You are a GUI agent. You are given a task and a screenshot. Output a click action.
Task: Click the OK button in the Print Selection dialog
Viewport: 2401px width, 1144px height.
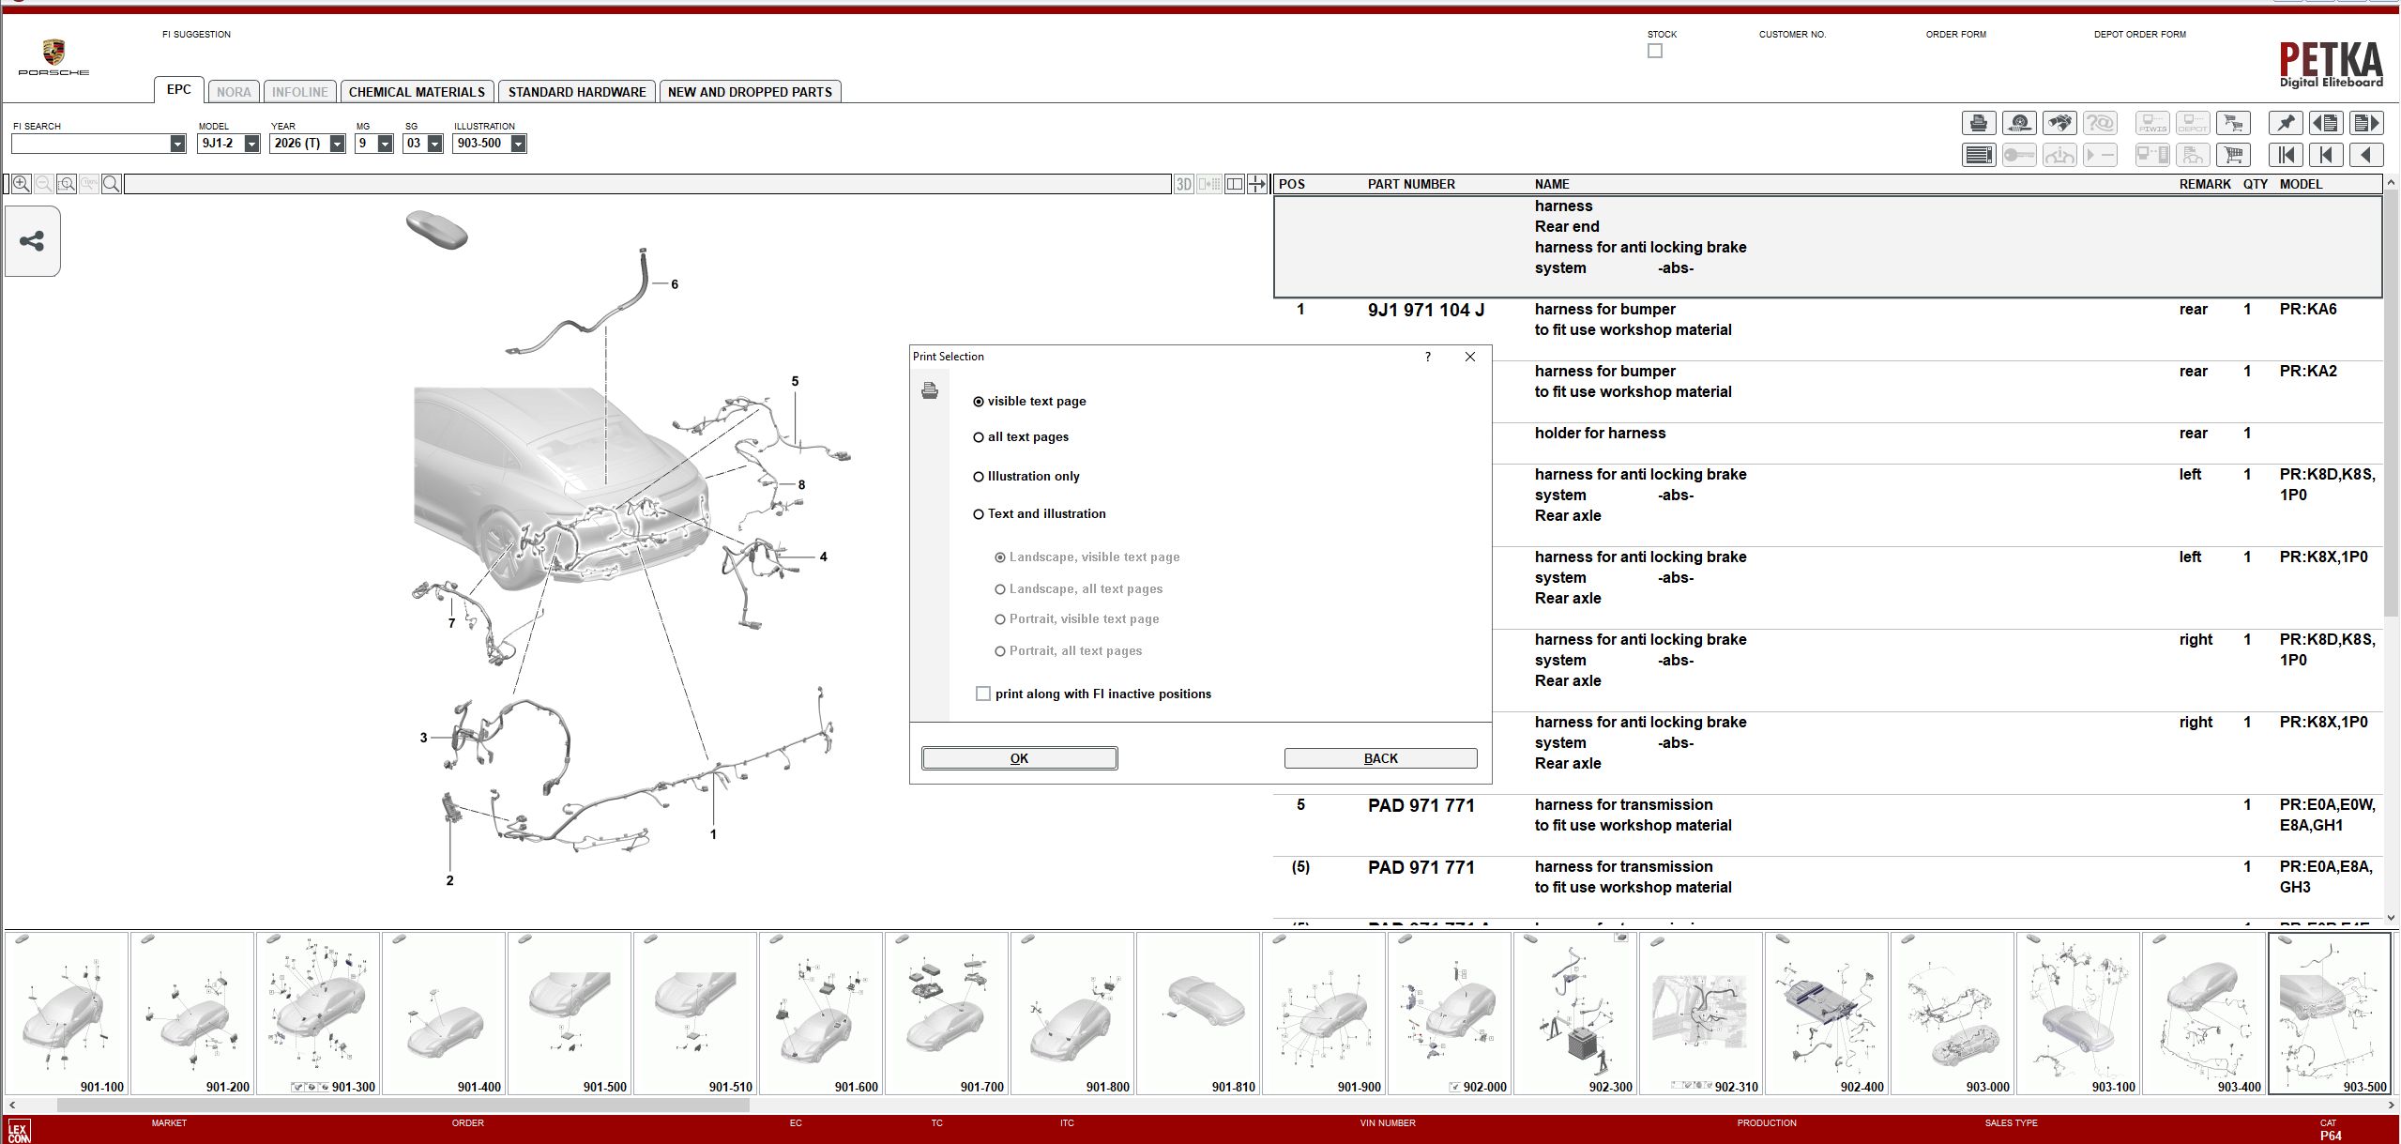coord(1019,758)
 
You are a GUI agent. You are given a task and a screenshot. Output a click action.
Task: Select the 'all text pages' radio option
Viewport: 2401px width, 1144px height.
coord(979,437)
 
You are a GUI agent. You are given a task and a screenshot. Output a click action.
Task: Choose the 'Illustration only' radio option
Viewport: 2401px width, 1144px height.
coord(979,477)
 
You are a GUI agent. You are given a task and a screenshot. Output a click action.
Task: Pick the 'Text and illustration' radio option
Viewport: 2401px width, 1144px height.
coord(979,514)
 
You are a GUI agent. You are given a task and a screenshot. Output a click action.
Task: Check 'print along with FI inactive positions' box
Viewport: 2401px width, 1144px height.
coord(983,694)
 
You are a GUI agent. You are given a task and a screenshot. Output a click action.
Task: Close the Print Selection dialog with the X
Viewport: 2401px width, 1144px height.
coord(1470,357)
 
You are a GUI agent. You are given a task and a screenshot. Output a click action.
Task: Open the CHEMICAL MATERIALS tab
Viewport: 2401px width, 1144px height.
coord(417,92)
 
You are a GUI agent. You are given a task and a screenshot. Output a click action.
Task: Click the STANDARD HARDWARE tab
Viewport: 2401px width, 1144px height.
coord(576,92)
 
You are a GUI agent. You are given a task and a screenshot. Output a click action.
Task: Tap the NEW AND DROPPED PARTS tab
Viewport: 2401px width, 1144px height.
coord(750,92)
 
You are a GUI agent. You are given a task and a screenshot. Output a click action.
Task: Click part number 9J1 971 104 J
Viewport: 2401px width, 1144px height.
coord(1425,310)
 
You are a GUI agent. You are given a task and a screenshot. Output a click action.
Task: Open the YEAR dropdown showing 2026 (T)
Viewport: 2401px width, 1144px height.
coord(337,144)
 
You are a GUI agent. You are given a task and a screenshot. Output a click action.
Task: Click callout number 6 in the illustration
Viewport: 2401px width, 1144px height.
coord(674,284)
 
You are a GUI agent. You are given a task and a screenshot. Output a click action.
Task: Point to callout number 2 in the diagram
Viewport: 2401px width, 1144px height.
coord(449,880)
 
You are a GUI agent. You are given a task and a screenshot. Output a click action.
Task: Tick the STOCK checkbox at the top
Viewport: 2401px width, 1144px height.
coord(1655,52)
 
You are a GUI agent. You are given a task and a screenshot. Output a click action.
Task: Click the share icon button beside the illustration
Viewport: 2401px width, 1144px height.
coord(32,241)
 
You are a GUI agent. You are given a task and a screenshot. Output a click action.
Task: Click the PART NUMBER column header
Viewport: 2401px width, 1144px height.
coord(1410,184)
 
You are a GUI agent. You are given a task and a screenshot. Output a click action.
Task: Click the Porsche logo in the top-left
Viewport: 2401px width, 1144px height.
coord(53,56)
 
